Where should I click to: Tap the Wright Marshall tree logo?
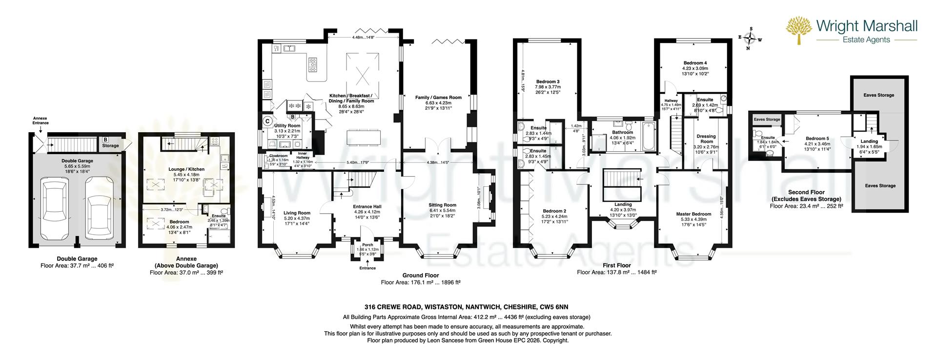[x=798, y=30]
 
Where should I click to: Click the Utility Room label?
[x=287, y=126]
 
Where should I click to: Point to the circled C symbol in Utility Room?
[x=267, y=121]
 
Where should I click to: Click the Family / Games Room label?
[x=438, y=98]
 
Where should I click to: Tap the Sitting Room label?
[x=443, y=205]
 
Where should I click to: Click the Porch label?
[x=367, y=245]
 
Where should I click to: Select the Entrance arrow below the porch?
[x=367, y=263]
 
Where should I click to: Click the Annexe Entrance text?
[x=41, y=120]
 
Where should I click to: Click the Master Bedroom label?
[x=693, y=214]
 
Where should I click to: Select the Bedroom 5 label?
[x=817, y=138]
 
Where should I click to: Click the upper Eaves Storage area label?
[x=878, y=95]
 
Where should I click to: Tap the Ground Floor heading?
[x=420, y=275]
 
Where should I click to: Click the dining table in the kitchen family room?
[x=361, y=137]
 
